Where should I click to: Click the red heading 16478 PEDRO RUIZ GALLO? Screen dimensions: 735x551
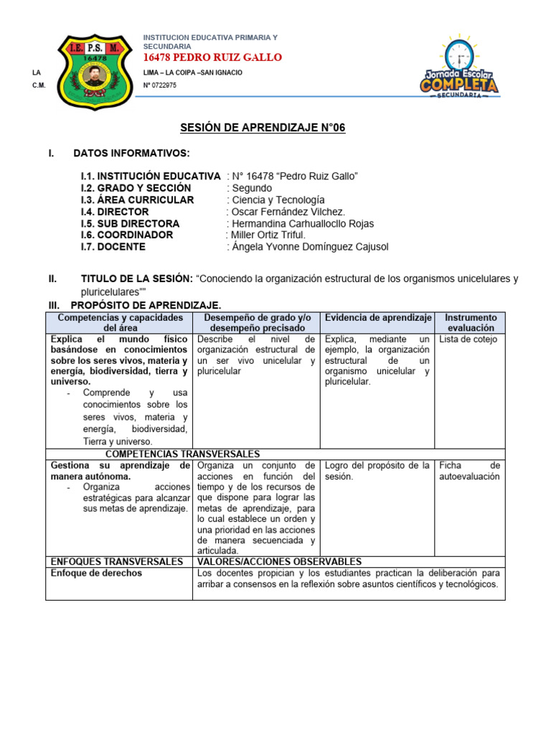(213, 57)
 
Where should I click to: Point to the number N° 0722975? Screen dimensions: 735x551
(160, 85)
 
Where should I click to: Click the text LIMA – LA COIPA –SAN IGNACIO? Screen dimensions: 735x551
(193, 72)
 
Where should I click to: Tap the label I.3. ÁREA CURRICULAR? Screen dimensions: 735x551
(137, 200)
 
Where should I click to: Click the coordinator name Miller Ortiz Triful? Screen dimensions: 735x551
(268, 235)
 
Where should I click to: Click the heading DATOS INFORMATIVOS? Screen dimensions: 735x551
(131, 153)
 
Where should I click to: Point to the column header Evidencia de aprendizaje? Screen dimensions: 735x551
(378, 317)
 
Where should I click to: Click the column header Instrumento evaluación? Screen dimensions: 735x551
(470, 322)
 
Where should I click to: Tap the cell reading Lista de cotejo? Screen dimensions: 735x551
(468, 340)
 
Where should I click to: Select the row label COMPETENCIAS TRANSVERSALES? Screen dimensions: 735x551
(182, 454)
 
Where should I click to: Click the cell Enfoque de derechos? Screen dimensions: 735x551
(96, 574)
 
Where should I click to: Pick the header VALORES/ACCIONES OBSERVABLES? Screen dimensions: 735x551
(279, 561)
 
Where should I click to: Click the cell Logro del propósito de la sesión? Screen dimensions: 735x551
(377, 471)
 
